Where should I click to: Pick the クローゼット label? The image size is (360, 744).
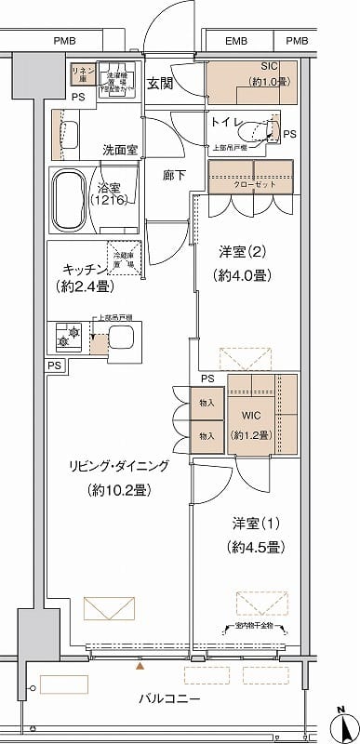247,184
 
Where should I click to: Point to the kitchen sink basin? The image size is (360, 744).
123,337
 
